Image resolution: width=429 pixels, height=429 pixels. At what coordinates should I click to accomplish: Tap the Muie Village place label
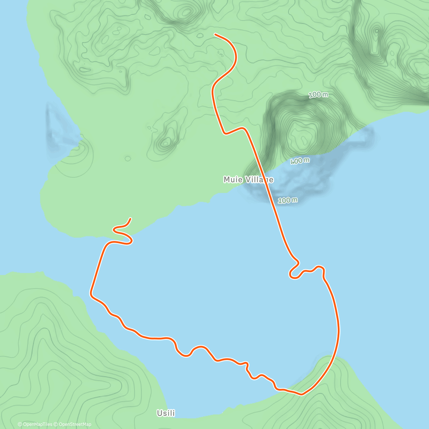(248, 179)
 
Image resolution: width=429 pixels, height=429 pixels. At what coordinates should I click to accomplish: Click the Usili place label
(166, 413)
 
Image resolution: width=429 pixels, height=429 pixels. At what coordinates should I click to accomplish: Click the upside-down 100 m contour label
(300, 161)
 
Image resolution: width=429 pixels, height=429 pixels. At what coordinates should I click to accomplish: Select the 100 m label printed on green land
(318, 95)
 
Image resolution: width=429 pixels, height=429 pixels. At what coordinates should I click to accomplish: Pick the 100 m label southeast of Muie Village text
(287, 200)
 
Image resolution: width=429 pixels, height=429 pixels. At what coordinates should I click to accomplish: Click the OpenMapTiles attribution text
(35, 424)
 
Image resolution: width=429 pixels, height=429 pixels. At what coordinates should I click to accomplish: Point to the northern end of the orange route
(215, 34)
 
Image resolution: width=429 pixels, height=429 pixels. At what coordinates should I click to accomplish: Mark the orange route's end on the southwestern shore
(130, 218)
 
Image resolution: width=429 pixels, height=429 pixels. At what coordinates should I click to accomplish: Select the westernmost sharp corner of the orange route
(91, 295)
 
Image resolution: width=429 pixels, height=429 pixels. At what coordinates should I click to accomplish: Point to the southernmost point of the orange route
(301, 395)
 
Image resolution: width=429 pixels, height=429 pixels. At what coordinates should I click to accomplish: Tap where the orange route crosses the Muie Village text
(267, 179)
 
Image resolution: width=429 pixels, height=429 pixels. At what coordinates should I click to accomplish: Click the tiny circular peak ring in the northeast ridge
(376, 31)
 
